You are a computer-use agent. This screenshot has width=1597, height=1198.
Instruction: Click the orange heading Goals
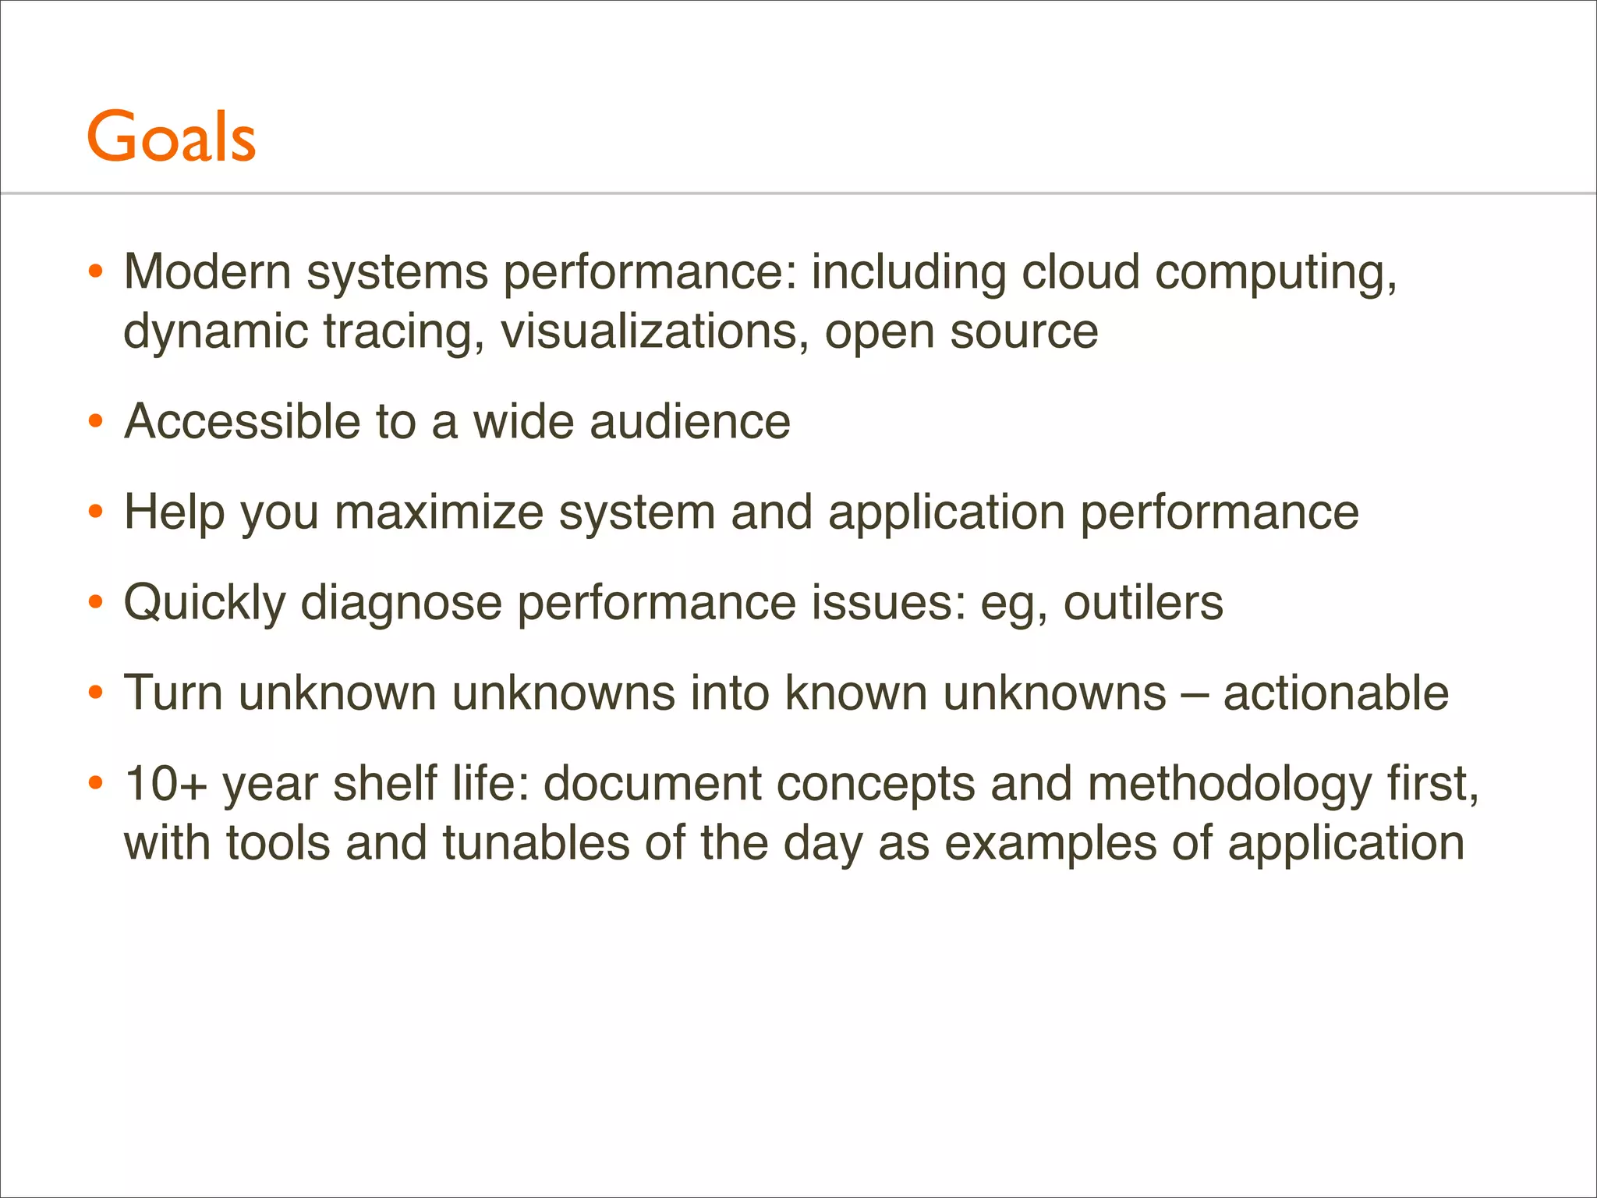(x=171, y=137)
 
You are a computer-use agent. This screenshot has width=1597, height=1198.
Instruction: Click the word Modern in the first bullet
(x=207, y=272)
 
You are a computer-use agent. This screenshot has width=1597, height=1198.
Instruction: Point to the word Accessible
(x=242, y=422)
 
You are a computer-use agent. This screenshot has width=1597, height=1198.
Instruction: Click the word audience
(x=689, y=422)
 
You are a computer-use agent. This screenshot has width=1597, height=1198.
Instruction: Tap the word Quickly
(x=204, y=603)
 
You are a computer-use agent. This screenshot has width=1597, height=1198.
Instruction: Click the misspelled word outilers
(x=1143, y=603)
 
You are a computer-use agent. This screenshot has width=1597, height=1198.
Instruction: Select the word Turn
(x=173, y=693)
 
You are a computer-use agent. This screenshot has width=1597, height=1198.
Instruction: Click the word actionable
(x=1335, y=693)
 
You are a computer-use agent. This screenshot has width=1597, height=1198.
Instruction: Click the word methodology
(x=1229, y=784)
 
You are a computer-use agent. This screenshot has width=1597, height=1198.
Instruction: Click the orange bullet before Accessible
(x=96, y=422)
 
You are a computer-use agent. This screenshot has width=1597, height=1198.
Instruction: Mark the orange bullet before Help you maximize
(x=96, y=512)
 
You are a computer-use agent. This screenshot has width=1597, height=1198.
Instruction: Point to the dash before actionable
(x=1194, y=693)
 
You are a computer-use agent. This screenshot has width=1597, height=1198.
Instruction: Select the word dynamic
(x=216, y=331)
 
